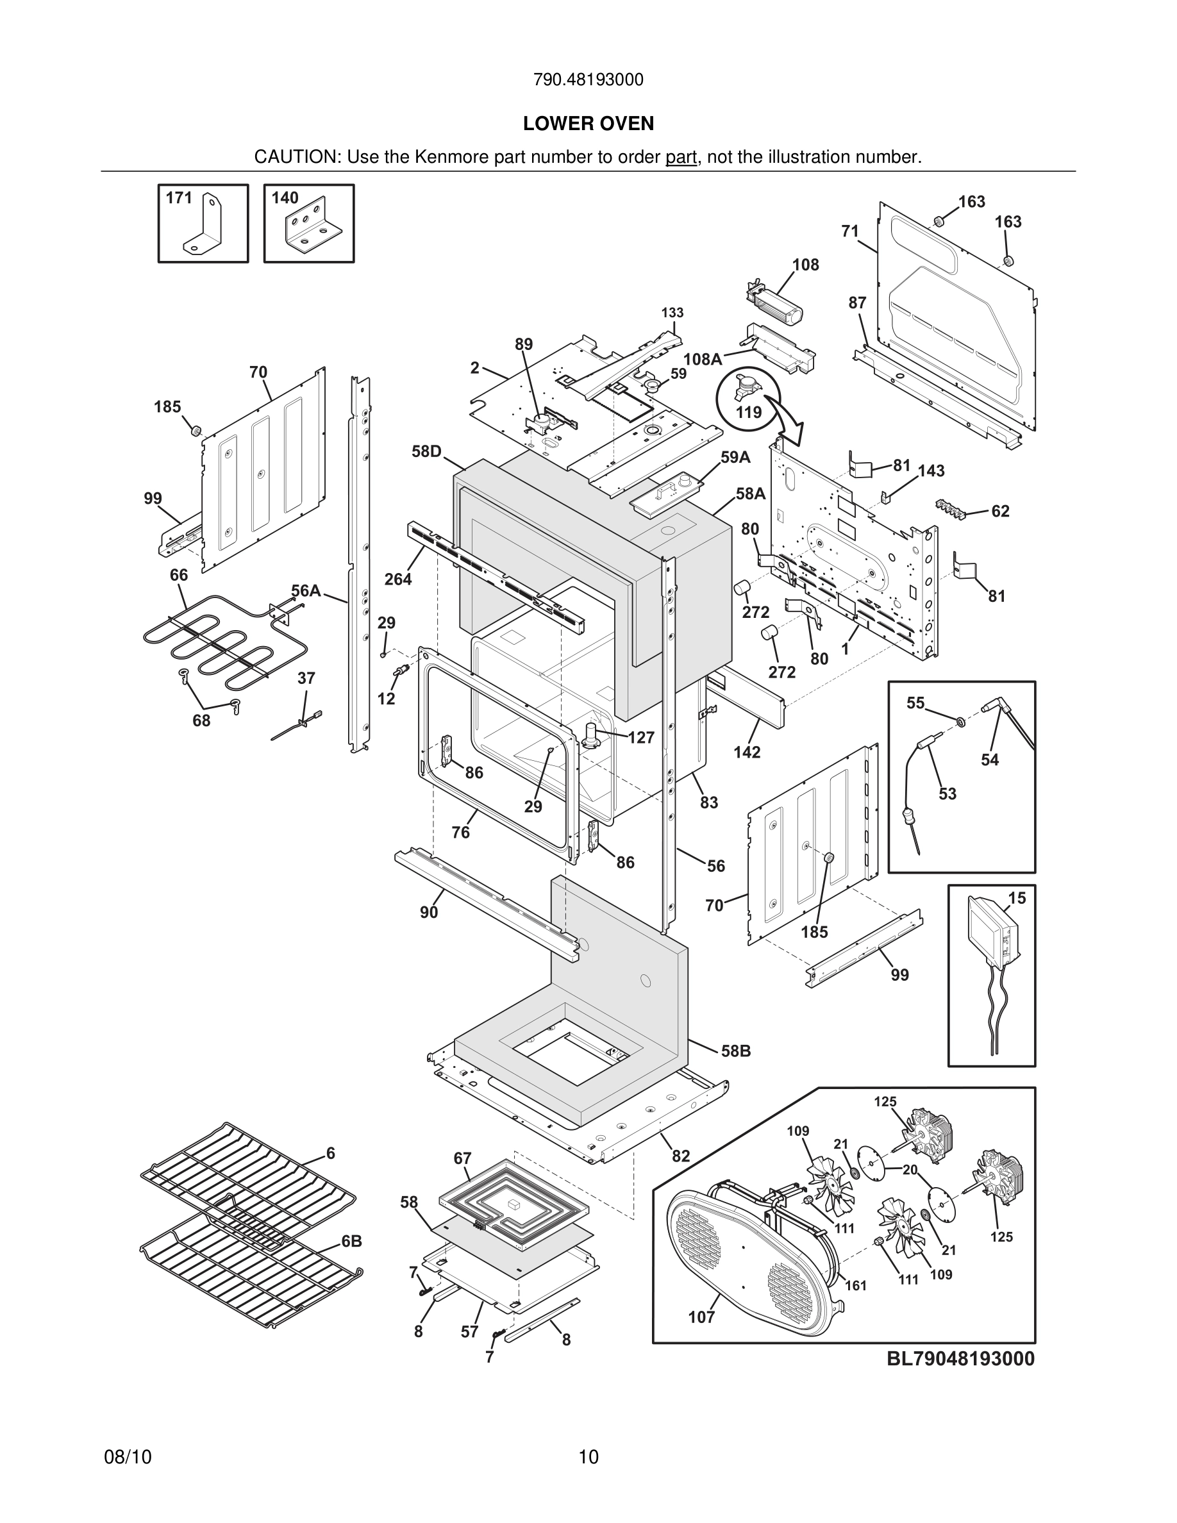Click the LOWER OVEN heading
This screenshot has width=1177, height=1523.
pyautogui.click(x=588, y=124)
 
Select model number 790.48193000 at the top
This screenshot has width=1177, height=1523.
pyautogui.click(x=588, y=80)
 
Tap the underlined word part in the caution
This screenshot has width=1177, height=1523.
pyautogui.click(x=681, y=158)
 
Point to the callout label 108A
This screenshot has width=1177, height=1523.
pyautogui.click(x=702, y=359)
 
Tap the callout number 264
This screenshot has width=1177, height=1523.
pyautogui.click(x=397, y=579)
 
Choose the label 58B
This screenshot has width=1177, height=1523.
pyautogui.click(x=736, y=1051)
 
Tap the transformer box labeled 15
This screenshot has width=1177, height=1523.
pyautogui.click(x=992, y=931)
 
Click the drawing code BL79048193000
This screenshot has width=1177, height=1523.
pyautogui.click(x=960, y=1358)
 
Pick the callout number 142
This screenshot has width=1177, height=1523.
pyautogui.click(x=746, y=752)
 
